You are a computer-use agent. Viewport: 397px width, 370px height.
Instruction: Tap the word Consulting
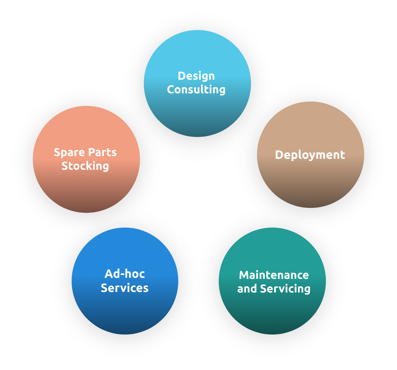[x=196, y=89]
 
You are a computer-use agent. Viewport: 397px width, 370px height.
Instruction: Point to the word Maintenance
[x=274, y=275]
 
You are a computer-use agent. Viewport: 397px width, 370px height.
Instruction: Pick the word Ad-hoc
[x=124, y=274]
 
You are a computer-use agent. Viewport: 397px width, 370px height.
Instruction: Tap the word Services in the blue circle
[x=124, y=288]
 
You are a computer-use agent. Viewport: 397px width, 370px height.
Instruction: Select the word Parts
[x=102, y=153]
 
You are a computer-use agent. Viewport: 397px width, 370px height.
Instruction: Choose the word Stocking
[x=85, y=166]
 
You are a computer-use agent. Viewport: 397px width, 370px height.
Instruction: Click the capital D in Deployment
[x=279, y=155]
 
